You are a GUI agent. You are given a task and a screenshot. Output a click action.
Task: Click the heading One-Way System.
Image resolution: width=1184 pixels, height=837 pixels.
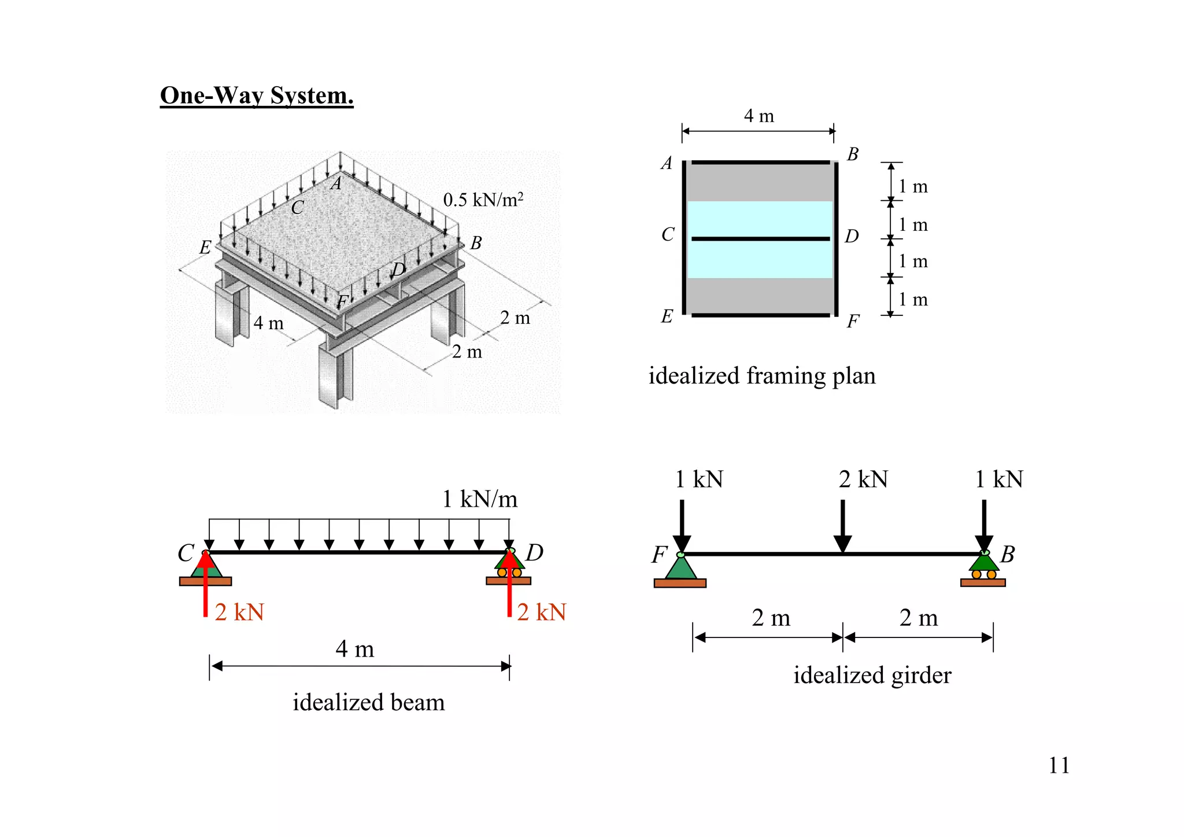coord(256,95)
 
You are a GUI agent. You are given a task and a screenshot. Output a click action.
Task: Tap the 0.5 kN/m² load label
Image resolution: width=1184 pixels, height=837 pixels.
coord(483,200)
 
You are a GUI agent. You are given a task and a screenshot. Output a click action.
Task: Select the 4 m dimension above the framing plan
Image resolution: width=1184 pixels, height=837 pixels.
coord(758,116)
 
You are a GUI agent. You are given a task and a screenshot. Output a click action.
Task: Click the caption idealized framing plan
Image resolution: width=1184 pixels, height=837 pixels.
coord(761,376)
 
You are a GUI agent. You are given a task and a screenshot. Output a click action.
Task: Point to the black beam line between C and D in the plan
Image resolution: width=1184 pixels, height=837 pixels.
coord(760,238)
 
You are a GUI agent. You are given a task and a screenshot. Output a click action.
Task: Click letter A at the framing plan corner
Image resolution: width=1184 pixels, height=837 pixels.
coord(667,163)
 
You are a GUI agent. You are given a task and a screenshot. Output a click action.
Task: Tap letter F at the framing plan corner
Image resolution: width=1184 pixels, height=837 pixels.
coord(853,321)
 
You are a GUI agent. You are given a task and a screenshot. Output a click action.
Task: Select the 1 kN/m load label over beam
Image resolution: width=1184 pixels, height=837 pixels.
coord(479,499)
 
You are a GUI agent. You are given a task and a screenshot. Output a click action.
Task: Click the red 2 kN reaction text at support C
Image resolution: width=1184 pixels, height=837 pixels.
coord(239,613)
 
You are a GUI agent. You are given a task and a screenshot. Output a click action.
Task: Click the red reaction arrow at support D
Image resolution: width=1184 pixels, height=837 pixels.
coord(509,584)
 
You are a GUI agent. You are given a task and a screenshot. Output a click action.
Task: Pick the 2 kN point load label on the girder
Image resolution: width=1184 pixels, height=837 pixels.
coord(863,480)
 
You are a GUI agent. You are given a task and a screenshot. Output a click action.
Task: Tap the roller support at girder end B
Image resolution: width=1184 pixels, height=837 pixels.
coord(983,570)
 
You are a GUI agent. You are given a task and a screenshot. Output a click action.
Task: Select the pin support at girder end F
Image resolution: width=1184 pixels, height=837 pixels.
coord(680,570)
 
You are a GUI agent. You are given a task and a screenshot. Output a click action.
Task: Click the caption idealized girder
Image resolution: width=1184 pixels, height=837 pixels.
coord(872,676)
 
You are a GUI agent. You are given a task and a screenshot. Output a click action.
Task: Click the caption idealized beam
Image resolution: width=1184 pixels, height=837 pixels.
coord(368,703)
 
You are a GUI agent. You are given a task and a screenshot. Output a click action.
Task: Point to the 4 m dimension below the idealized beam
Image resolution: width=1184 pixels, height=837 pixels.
coord(354,649)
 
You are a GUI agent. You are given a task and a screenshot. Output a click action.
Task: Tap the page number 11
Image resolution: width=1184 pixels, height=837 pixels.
coord(1059,765)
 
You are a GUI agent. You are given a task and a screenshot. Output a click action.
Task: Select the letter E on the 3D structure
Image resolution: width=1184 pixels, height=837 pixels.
coord(205,248)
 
